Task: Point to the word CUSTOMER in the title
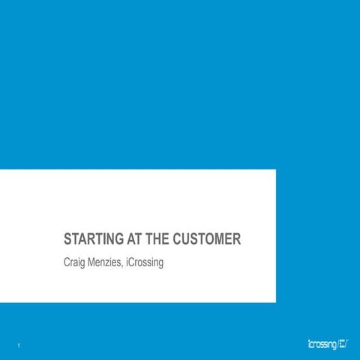[x=207, y=240]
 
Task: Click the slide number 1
[x=17, y=345]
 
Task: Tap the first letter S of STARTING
[x=67, y=240]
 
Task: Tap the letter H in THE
[x=156, y=240]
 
